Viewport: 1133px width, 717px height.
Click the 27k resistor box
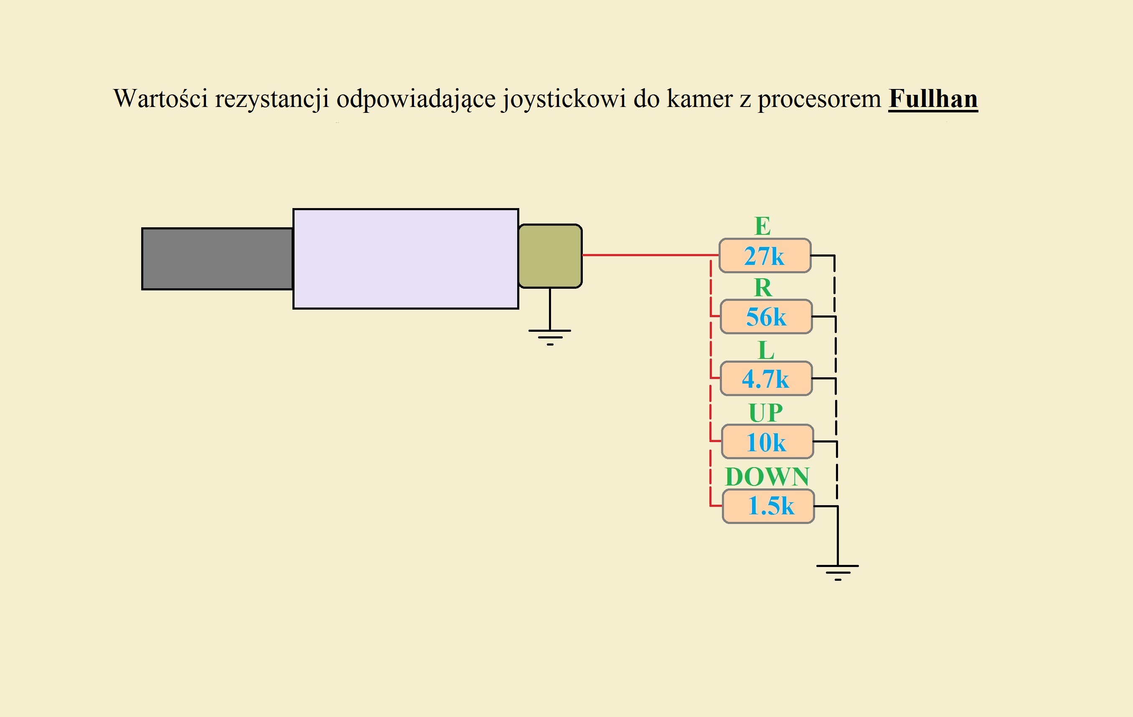[x=765, y=255]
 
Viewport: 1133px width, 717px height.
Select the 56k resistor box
[x=766, y=317]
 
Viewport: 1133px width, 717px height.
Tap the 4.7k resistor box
[x=766, y=378]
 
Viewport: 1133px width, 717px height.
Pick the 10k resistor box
[x=767, y=441]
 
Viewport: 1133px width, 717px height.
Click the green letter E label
[x=763, y=226]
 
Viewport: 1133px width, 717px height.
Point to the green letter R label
[x=763, y=287]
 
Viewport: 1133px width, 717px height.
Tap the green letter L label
[x=766, y=350]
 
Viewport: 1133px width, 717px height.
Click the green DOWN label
[x=767, y=477]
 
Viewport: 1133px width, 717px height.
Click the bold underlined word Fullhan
[x=932, y=99]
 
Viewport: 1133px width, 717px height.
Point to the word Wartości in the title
[x=160, y=99]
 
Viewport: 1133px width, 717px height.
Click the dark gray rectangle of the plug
[x=217, y=259]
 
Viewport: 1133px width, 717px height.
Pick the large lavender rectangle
[x=406, y=259]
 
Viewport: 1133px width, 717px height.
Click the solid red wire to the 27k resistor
[x=649, y=255]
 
